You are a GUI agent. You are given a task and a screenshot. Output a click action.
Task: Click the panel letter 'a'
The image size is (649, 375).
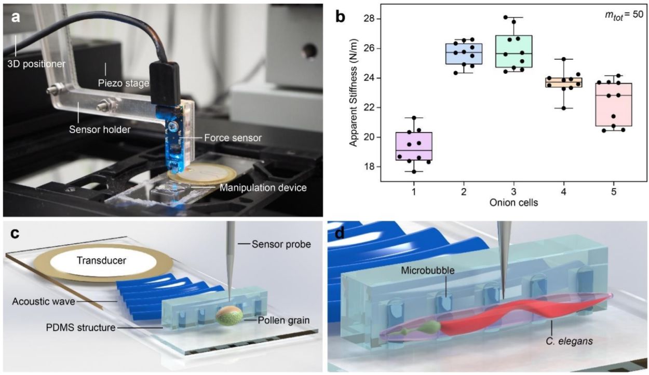(x=16, y=17)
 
